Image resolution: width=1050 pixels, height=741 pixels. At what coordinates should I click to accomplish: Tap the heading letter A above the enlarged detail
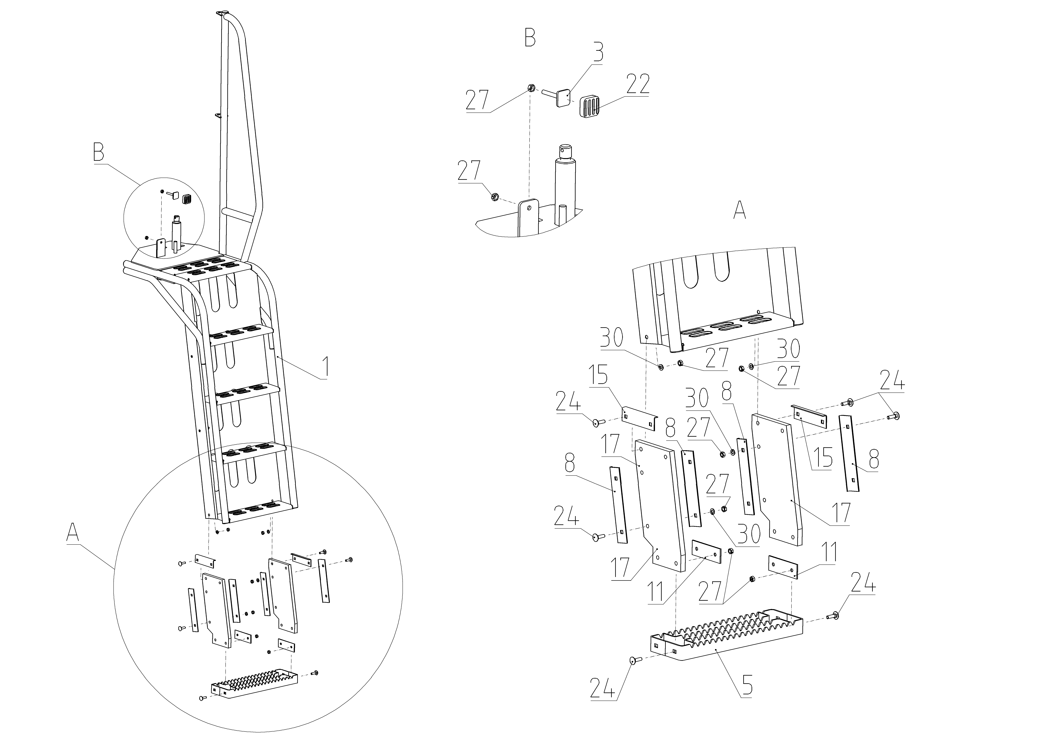pos(740,210)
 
